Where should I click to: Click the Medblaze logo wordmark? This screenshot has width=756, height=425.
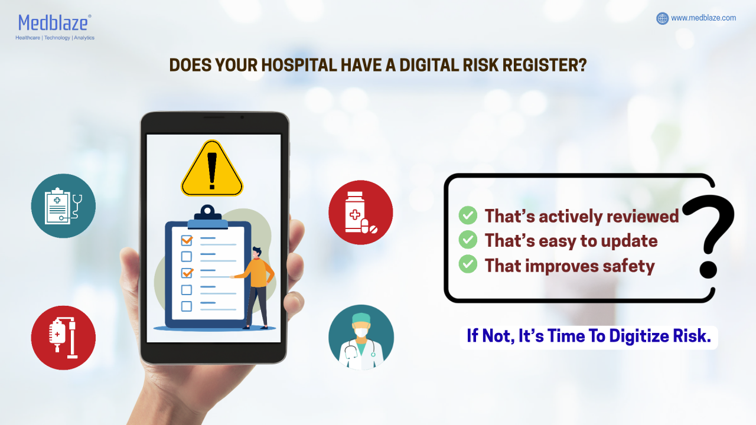53,23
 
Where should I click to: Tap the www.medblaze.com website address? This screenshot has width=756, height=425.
703,18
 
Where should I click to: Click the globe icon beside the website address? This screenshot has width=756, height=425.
662,18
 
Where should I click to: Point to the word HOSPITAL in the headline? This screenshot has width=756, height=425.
299,65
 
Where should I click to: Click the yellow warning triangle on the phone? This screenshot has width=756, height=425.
212,168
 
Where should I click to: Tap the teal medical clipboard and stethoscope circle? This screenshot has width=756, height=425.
63,206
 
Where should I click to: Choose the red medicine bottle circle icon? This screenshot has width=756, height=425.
361,212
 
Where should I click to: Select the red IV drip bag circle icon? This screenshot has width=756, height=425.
63,338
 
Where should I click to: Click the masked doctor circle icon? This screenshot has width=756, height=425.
361,337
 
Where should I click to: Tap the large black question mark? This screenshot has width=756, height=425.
708,236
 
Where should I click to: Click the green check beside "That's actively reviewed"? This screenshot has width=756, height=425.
468,215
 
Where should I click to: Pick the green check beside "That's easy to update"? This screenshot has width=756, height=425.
468,240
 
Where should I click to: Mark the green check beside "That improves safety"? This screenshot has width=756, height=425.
468,264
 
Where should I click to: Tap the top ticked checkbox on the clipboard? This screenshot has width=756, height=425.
187,240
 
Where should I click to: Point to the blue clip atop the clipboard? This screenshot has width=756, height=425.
207,218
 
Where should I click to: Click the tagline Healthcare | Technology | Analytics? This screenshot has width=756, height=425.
55,38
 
